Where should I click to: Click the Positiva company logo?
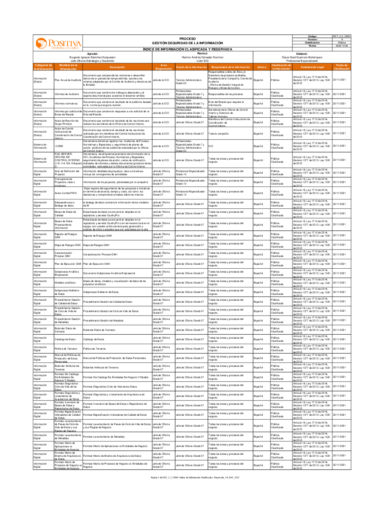pos(58,43)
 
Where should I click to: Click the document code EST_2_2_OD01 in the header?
pos(341,36)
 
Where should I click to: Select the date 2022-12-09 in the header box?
pos(341,46)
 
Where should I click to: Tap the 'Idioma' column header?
pos(262,67)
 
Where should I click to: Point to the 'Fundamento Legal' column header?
pos(312,67)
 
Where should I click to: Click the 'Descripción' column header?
pos(117,67)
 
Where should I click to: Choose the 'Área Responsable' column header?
pos(163,67)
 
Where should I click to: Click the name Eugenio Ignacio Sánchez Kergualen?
pos(92,57)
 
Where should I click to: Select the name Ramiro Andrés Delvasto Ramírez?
pos(203,57)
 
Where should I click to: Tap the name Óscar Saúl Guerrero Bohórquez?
pos(302,57)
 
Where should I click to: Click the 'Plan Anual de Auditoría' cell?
pos(68,80)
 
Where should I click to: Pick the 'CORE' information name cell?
pos(59,146)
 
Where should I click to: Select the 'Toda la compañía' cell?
pos(218,134)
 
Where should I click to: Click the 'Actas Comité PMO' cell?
pos(66,193)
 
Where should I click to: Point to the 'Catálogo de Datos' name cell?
pos(65,339)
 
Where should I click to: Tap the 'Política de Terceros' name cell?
pos(66,349)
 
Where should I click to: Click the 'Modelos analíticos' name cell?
pos(65,283)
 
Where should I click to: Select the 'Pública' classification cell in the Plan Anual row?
pos(275,80)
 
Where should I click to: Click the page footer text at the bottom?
pos(195,477)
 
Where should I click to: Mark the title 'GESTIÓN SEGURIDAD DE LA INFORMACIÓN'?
pos(187,43)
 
